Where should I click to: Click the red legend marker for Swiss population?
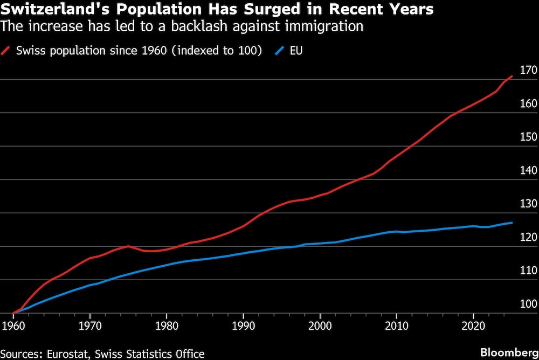pyautogui.click(x=8, y=51)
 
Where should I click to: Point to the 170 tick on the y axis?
pyautogui.click(x=529, y=70)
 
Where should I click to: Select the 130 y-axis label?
pyautogui.click(x=529, y=204)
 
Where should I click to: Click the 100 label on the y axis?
pyautogui.click(x=529, y=304)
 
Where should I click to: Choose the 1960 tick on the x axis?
pyautogui.click(x=13, y=327)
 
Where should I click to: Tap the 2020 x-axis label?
pyautogui.click(x=473, y=327)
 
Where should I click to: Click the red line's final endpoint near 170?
pyautogui.click(x=512, y=76)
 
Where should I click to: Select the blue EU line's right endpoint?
pyautogui.click(x=512, y=223)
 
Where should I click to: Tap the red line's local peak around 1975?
pyautogui.click(x=128, y=246)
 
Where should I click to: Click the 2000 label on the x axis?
pyautogui.click(x=320, y=327)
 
